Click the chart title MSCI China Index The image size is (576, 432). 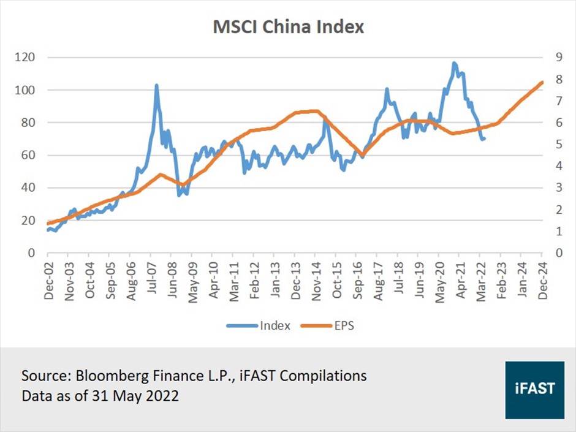pyautogui.click(x=288, y=28)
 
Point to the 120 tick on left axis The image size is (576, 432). pyautogui.click(x=27, y=58)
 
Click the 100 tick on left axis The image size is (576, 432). pyautogui.click(x=27, y=90)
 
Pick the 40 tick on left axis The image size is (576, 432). pyautogui.click(x=29, y=188)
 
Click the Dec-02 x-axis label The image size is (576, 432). pyautogui.click(x=48, y=279)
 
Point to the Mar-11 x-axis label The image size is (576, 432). pyautogui.click(x=233, y=279)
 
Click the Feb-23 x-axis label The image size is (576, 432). pyautogui.click(x=501, y=279)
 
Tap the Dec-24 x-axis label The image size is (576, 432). pyautogui.click(x=542, y=279)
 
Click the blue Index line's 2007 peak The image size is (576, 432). pyautogui.click(x=156, y=85)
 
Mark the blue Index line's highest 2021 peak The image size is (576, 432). pyautogui.click(x=454, y=63)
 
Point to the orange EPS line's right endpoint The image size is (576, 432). pyautogui.click(x=542, y=82)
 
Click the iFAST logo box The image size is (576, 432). pyautogui.click(x=535, y=390)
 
